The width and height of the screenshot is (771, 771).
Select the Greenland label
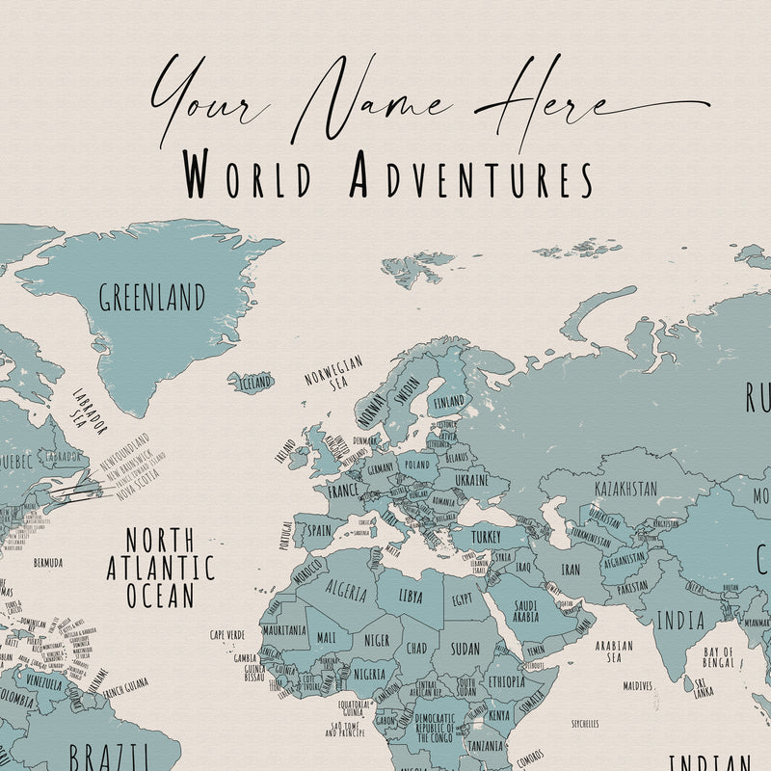[152, 297]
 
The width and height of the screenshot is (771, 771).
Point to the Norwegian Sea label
[333, 372]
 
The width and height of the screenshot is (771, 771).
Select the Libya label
[411, 597]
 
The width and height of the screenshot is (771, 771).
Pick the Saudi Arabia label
[524, 611]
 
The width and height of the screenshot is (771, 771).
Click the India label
[680, 621]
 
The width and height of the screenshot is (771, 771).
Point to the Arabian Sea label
[614, 652]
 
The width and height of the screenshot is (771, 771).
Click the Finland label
[449, 401]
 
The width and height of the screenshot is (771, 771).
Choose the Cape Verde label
[229, 635]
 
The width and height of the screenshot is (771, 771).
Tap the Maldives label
[637, 686]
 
